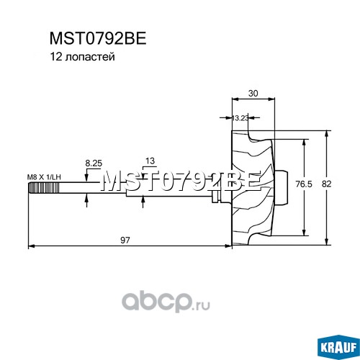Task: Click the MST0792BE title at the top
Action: click(x=98, y=38)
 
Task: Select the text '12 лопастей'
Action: click(x=82, y=57)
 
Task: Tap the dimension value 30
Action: click(x=253, y=93)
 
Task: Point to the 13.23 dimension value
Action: click(x=240, y=118)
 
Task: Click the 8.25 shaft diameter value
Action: click(x=94, y=163)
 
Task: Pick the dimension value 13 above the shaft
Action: click(x=150, y=161)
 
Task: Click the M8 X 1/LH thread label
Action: click(x=44, y=177)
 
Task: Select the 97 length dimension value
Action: click(x=125, y=240)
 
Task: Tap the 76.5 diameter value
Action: click(x=304, y=184)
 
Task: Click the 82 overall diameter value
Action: click(x=326, y=184)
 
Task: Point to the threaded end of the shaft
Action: click(x=44, y=188)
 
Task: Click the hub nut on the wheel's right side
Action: click(x=282, y=188)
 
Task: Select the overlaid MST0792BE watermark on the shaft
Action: click(x=181, y=181)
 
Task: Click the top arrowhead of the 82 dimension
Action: click(x=326, y=134)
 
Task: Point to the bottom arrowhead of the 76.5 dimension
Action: click(x=304, y=233)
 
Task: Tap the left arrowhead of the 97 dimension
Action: click(x=32, y=246)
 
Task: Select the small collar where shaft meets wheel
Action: click(x=215, y=197)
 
